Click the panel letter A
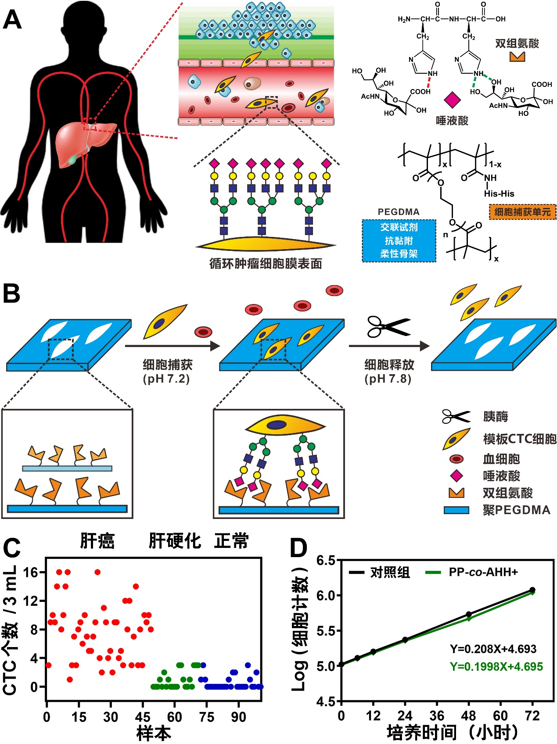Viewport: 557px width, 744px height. click(12, 20)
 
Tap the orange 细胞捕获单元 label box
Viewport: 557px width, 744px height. click(522, 212)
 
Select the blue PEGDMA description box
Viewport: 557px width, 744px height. click(399, 240)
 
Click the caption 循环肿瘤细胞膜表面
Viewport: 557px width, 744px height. click(266, 264)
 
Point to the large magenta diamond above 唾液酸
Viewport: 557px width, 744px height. click(452, 100)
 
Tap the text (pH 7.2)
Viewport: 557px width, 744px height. click(166, 379)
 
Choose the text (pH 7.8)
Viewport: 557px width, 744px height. click(388, 379)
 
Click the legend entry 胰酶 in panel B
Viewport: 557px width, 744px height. click(495, 416)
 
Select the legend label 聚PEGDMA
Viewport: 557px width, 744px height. click(516, 510)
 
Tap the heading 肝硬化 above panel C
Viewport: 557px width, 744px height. click(174, 541)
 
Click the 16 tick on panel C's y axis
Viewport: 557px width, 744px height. click(31, 572)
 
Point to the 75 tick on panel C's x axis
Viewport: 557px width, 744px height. click(206, 717)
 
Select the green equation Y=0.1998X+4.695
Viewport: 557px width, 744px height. click(496, 667)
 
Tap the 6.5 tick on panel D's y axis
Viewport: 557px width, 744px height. click(326, 561)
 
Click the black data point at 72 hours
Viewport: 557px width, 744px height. click(532, 590)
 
